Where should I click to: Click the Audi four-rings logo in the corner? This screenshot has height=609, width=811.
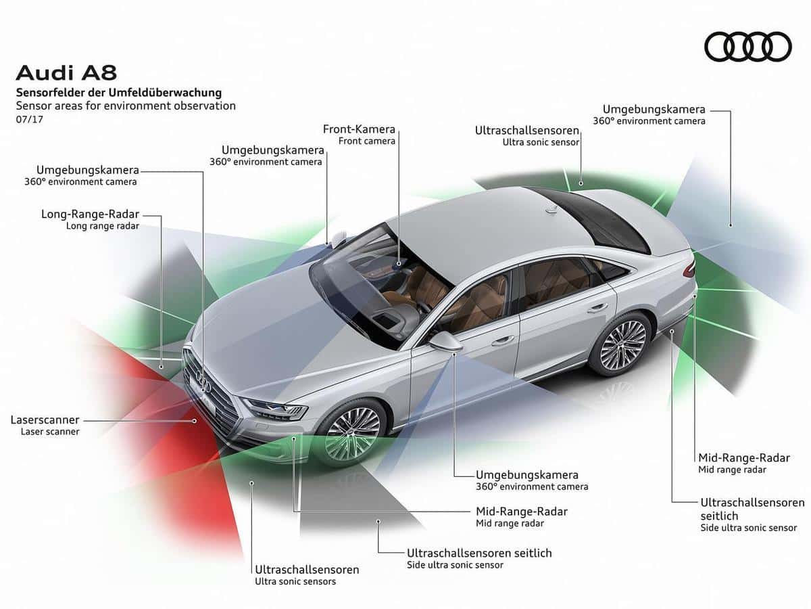pos(747,47)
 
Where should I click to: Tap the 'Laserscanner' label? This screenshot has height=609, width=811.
pos(45,420)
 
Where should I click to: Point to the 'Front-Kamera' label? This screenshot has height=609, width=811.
pos(359,129)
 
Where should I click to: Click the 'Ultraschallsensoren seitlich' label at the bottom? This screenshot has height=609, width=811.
pos(479,553)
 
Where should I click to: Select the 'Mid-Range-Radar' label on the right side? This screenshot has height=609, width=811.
pos(743,458)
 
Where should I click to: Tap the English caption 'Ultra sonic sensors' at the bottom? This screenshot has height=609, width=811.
pos(295,581)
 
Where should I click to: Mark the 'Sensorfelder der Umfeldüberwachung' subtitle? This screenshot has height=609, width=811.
pos(118,93)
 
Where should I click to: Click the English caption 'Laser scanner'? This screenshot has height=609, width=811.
pos(49,432)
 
